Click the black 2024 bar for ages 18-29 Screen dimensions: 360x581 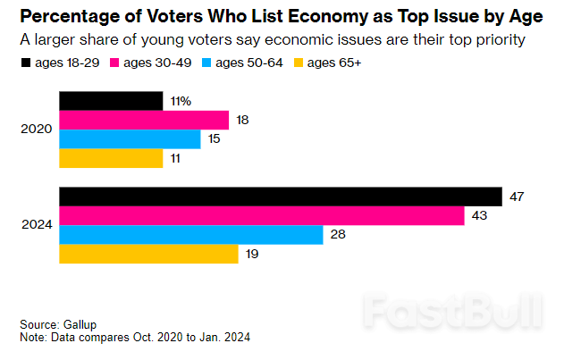[280, 197]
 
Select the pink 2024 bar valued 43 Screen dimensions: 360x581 [261, 215]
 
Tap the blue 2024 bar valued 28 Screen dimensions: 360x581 [190, 235]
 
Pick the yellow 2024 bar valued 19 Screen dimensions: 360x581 [148, 254]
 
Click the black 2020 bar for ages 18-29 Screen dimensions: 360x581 [111, 101]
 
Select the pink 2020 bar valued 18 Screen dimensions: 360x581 [144, 120]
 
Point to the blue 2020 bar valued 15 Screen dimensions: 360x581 [130, 139]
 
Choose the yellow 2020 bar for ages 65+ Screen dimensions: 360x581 [111, 158]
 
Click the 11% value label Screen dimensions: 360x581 [181, 101]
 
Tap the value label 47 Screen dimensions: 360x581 [517, 197]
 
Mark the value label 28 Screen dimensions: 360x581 [338, 235]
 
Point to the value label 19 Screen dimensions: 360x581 [253, 254]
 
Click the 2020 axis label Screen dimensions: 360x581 [36, 130]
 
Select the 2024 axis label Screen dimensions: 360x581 [36, 225]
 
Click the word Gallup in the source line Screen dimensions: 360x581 [81, 324]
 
